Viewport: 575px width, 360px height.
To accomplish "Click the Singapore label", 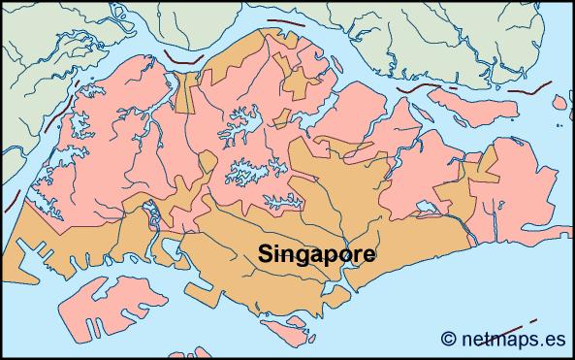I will point(317,252).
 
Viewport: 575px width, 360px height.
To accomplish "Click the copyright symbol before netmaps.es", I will point(448,339).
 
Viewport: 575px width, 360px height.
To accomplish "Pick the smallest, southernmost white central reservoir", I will point(281,203).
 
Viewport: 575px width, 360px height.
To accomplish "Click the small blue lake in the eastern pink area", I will point(424,206).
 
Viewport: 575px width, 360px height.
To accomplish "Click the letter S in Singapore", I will point(265,252).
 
